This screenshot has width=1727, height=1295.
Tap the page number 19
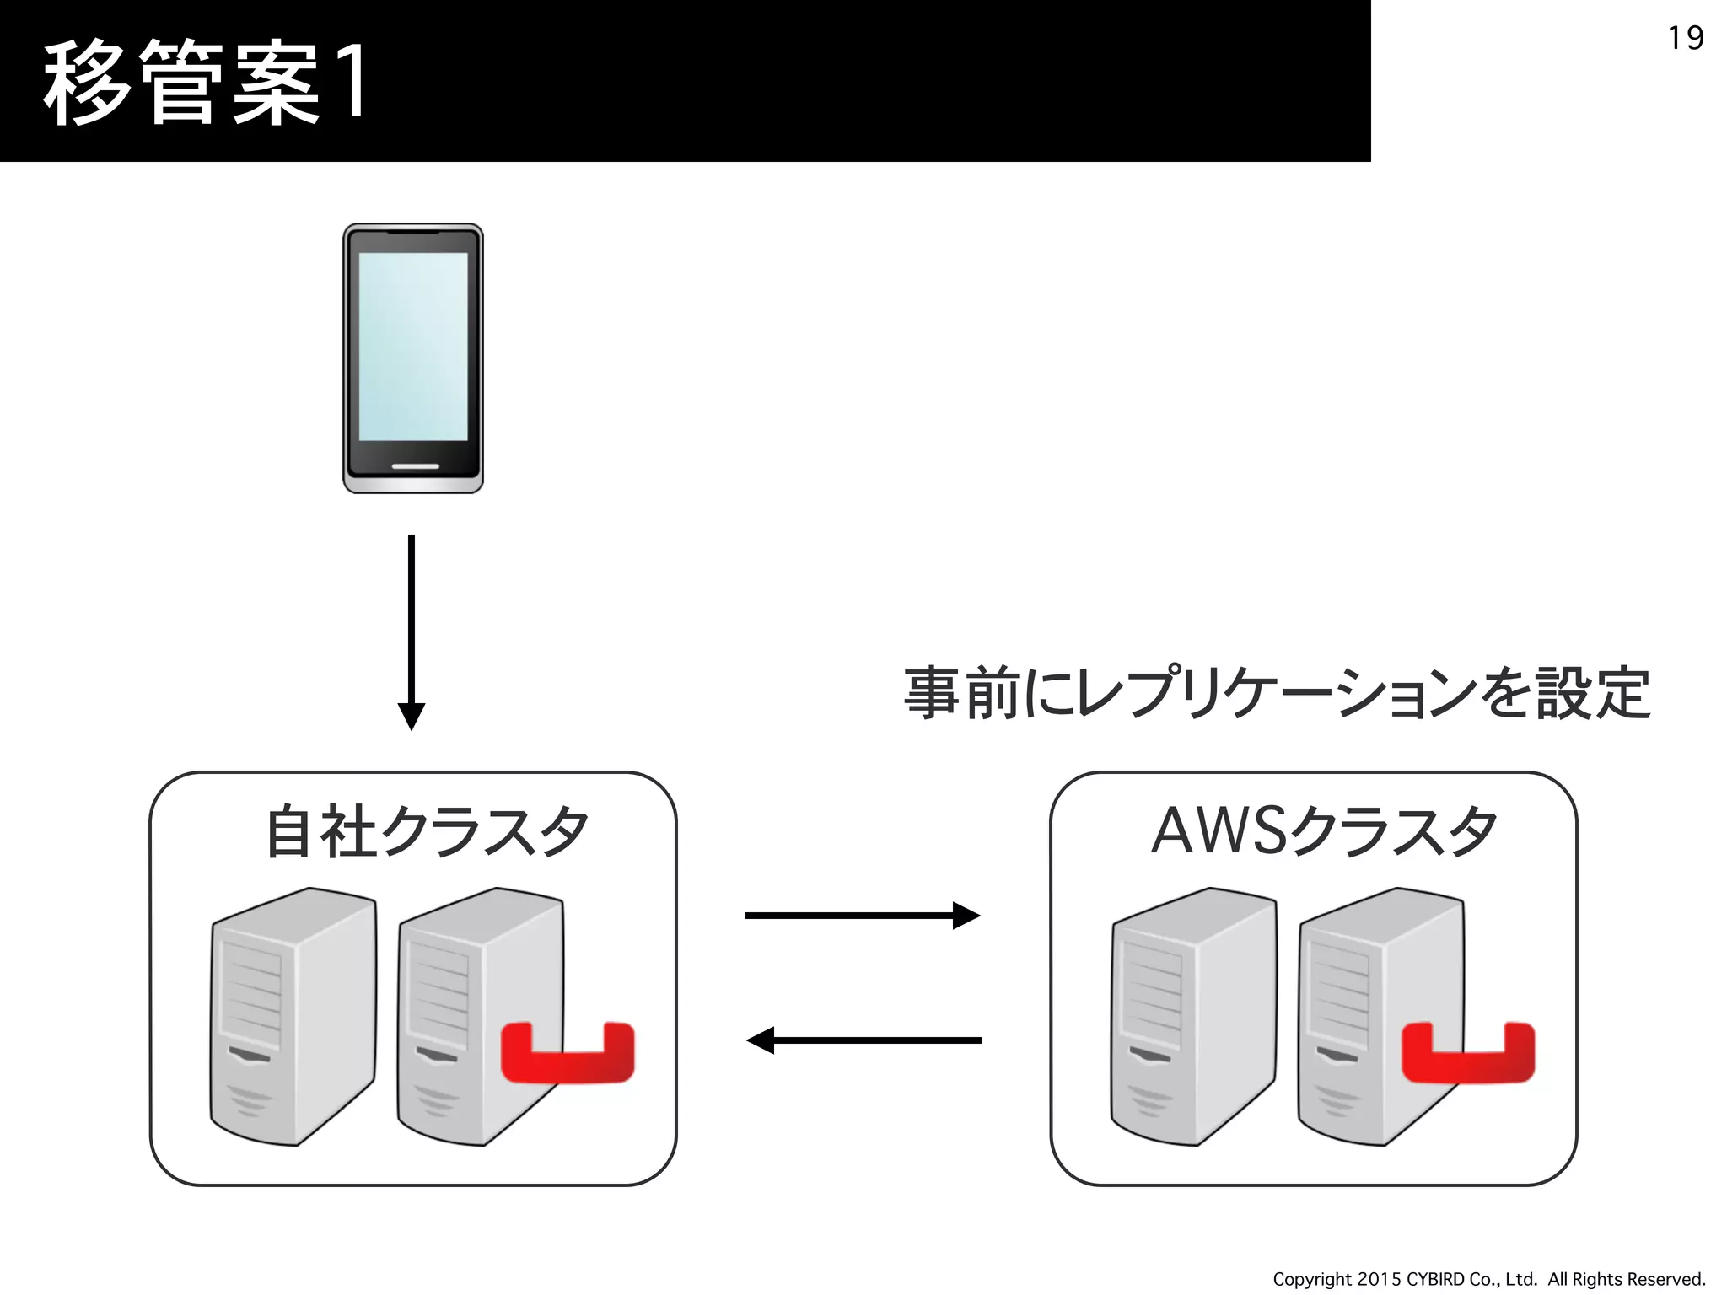tap(1685, 39)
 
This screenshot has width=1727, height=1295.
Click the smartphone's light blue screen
tap(413, 346)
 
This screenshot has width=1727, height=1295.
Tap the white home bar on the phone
tap(415, 465)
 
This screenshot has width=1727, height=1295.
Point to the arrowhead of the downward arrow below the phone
tap(412, 717)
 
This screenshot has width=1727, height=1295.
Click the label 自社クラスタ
tap(426, 832)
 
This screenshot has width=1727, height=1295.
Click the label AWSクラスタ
tap(1324, 832)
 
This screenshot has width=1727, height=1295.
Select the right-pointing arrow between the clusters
tap(862, 916)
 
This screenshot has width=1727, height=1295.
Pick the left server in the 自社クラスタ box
tap(292, 1016)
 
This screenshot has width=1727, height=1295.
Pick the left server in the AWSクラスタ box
tap(1192, 1016)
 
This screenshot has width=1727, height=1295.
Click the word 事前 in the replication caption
tap(961, 694)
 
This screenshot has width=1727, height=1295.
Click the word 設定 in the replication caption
tap(1592, 694)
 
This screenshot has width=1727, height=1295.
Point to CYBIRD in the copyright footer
tap(1435, 1279)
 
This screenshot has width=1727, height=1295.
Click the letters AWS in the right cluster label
tap(1219, 832)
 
